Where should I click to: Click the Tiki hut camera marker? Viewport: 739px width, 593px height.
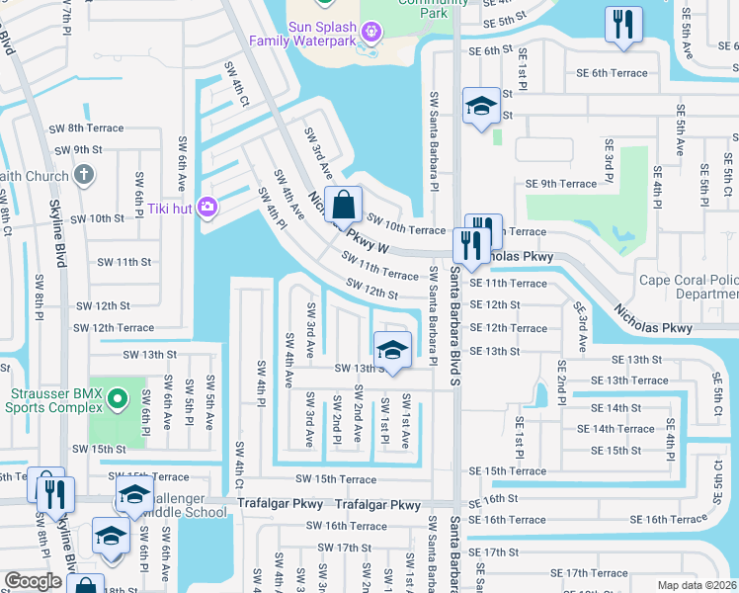pos(209,207)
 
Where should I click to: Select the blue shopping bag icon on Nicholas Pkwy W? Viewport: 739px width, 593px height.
pos(342,206)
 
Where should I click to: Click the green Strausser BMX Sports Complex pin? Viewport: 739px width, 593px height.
pos(118,399)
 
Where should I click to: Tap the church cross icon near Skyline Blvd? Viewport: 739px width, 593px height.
pos(84,176)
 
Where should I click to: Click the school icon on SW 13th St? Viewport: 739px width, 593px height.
pos(391,350)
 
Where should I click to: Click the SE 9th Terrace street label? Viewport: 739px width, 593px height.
pos(561,184)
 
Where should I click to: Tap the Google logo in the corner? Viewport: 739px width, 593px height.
pos(33,581)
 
